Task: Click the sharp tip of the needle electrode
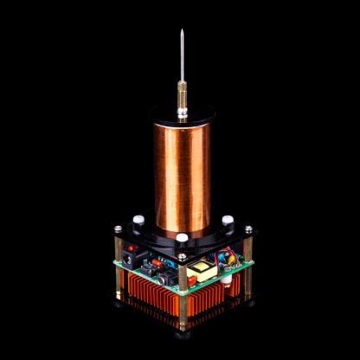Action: coord(183,31)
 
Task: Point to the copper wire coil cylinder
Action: coord(183,173)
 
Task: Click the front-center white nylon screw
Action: coord(183,236)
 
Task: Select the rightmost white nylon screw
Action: coord(227,221)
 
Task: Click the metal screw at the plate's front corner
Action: coord(183,257)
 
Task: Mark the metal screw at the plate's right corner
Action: coord(248,230)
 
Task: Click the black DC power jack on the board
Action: coord(131,257)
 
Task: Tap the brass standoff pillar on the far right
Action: coord(248,268)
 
